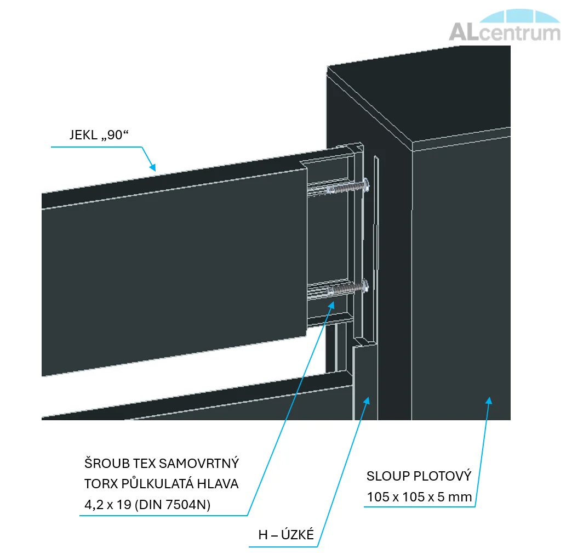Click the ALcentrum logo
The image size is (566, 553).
click(504, 25)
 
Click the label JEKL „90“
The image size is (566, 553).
click(99, 135)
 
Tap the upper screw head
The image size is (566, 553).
click(366, 185)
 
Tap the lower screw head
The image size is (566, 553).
click(365, 286)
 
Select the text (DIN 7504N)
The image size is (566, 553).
click(173, 505)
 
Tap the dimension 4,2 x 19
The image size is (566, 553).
click(107, 505)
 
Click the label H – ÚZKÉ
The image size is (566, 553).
click(286, 534)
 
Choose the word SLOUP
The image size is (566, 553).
click(388, 476)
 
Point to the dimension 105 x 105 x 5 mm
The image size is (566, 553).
click(420, 497)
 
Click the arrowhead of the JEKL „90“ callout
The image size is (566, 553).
click(153, 167)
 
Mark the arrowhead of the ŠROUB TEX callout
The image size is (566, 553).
click(331, 306)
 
